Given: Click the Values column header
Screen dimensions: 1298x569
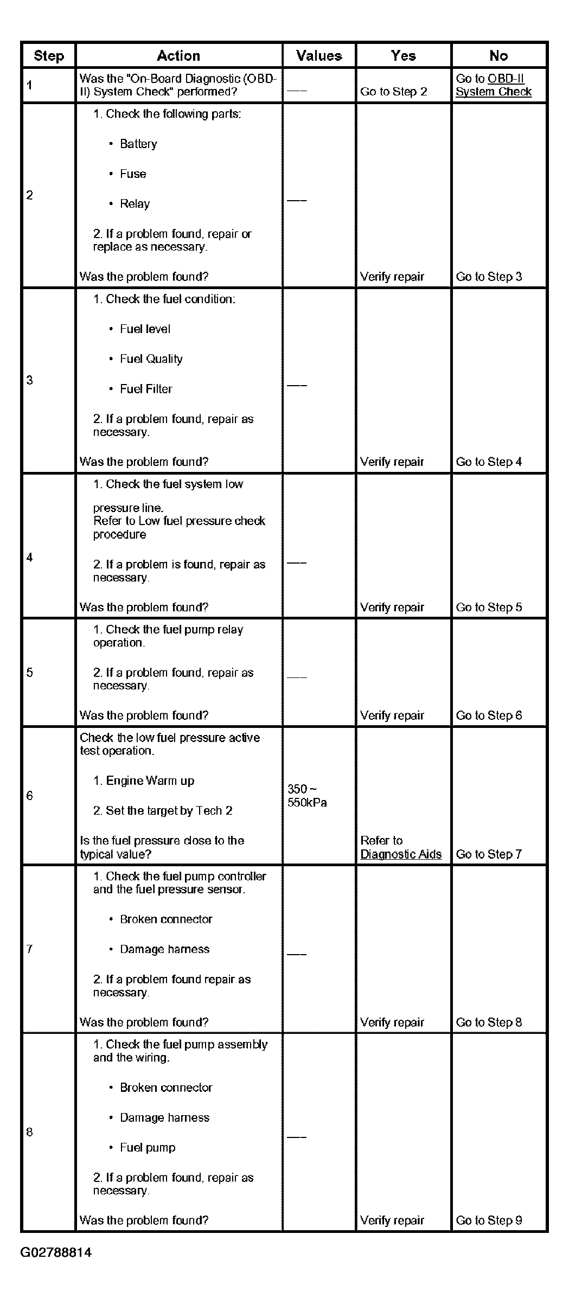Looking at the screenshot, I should pos(319,56).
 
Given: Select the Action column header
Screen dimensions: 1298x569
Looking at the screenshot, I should pos(178,56).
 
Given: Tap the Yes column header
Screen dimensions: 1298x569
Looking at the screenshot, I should pos(403,56).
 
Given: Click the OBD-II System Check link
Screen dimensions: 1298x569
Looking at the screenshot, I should pos(493,85).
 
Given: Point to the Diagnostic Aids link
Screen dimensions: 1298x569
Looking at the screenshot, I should pos(401,854).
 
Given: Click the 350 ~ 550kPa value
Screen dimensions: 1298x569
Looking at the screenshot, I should pos(307,796).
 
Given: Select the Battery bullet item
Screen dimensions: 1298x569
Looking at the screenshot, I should pos(138,144).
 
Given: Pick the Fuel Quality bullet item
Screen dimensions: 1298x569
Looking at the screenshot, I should pos(151,359).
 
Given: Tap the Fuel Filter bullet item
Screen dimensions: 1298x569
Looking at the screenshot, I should pos(146,389).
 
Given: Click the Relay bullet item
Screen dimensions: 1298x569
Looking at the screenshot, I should pos(135,204).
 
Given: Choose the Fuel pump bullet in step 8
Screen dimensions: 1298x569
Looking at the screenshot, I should pos(148,1148).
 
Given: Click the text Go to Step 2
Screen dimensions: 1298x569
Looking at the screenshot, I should pos(393,92).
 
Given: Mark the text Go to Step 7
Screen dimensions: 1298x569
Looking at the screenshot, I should pos(489,854).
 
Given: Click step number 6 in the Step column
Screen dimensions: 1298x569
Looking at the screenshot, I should pos(30,796).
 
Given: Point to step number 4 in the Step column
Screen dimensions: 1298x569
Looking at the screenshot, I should pos(30,558).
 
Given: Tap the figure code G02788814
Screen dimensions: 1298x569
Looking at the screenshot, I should pos(56,1252).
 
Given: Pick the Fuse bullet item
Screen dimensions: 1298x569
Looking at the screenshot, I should pos(133,174).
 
